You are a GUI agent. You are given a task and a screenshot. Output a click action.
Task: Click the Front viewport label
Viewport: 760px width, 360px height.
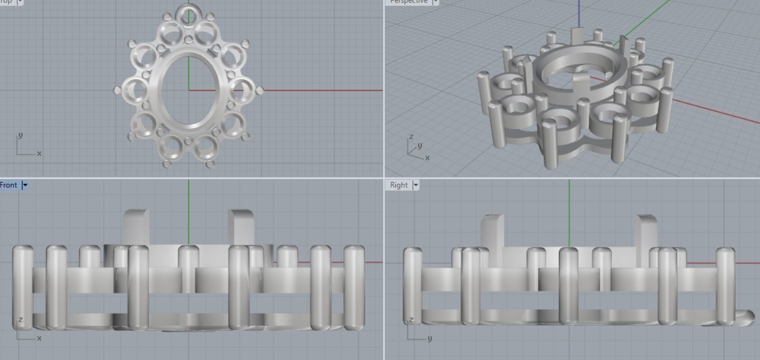coord(8,185)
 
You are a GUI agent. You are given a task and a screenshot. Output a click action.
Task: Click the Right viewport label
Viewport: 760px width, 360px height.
coord(399,185)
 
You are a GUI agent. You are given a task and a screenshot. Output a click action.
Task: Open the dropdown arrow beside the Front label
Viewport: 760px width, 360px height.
coord(25,185)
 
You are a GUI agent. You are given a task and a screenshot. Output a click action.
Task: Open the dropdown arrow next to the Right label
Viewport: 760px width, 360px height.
coord(416,185)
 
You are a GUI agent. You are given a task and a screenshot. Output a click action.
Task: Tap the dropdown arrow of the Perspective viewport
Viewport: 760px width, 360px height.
coord(435,2)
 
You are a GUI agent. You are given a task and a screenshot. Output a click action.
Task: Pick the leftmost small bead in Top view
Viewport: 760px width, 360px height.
coord(117,91)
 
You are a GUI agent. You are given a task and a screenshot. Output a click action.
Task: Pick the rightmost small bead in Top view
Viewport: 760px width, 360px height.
coord(259,91)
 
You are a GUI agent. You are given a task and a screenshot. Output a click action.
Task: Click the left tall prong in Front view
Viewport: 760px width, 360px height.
coord(136,227)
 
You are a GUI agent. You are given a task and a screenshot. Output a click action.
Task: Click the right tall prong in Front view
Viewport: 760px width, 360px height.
coord(241,227)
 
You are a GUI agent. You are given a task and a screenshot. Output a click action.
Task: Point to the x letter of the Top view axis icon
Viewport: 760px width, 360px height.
coord(39,153)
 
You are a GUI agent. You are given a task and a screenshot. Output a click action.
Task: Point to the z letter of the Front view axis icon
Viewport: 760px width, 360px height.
coord(20,320)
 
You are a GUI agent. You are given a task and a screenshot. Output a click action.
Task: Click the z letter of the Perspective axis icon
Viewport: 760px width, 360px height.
coord(411,136)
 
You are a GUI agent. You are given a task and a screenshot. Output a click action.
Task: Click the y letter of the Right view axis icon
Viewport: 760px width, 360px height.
coord(429,339)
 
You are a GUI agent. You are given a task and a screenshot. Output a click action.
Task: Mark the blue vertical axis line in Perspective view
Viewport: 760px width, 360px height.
coord(579,12)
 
